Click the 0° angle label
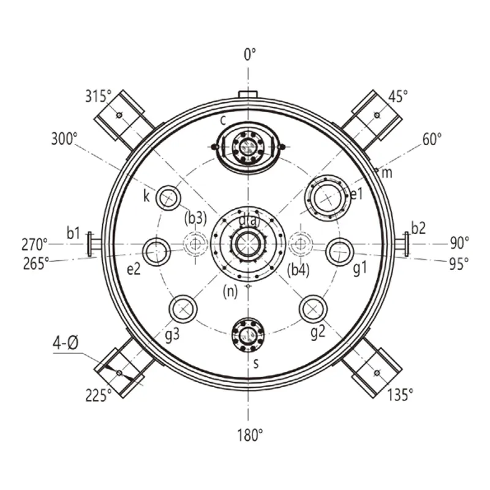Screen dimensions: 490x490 tap(250, 55)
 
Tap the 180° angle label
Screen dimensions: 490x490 tap(250, 435)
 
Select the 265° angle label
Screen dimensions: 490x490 tap(36, 263)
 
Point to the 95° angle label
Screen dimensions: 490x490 tap(459, 264)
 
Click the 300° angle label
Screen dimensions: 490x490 tap(64, 138)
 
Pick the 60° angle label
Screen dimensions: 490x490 tap(432, 139)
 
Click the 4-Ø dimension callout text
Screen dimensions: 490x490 tap(66, 344)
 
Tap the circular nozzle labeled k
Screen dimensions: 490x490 tap(168, 198)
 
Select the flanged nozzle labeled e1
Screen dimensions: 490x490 tap(328, 198)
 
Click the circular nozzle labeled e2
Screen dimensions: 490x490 tap(156, 252)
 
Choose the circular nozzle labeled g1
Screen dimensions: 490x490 tap(340, 252)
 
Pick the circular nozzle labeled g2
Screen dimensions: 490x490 tap(313, 309)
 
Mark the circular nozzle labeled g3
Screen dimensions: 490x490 tap(183, 309)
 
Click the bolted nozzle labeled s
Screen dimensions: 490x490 tap(248, 335)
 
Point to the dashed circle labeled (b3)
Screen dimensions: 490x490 tap(195, 244)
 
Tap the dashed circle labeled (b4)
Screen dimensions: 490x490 tap(300, 244)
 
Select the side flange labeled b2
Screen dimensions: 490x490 tap(402, 244)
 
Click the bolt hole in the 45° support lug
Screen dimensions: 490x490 tap(377, 115)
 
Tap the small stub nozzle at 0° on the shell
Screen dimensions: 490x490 tap(248, 94)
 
